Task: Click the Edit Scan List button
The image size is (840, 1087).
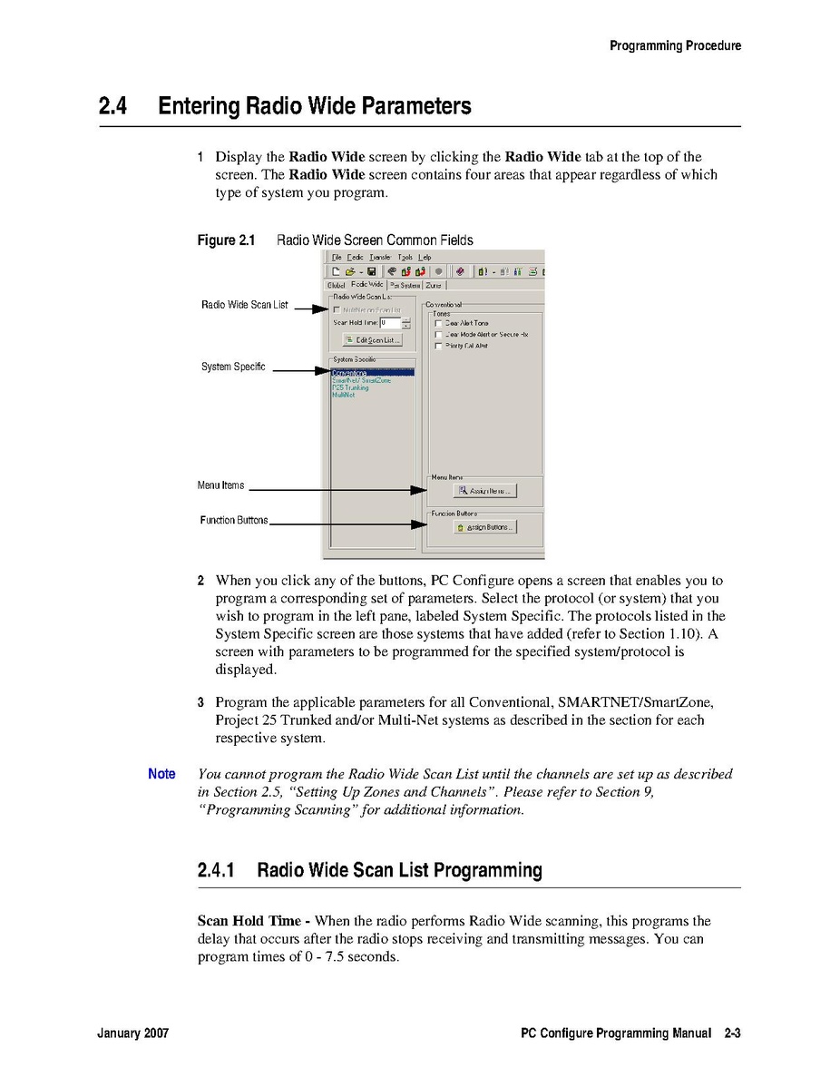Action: [372, 340]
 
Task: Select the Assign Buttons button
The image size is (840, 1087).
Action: [485, 527]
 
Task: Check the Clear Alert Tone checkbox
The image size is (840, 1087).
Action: [439, 323]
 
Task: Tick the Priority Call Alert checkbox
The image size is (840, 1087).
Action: [439, 346]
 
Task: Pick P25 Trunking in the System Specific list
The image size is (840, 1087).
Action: [350, 387]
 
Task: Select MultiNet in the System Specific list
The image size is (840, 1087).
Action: [343, 395]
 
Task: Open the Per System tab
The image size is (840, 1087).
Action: [405, 285]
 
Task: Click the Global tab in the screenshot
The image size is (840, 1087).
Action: [336, 285]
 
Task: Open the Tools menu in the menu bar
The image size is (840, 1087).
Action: [405, 258]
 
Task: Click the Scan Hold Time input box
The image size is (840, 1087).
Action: [389, 322]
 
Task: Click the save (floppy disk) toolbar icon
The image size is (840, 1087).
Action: [372, 270]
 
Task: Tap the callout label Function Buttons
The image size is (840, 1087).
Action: [234, 521]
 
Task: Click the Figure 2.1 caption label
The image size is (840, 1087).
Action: [226, 240]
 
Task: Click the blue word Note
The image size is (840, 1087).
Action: [161, 774]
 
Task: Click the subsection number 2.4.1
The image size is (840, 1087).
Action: [216, 871]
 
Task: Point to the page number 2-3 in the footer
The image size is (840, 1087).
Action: [732, 1033]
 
